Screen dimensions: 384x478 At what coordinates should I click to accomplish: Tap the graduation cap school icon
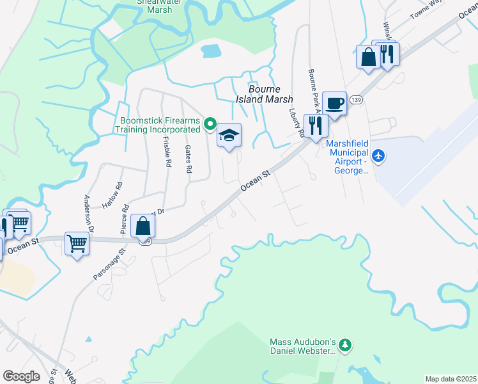click(229, 136)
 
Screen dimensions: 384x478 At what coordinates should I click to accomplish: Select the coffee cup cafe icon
click(334, 103)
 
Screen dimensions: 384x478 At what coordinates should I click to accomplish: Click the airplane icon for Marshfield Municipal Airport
click(379, 156)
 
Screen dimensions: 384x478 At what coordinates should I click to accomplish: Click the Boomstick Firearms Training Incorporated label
click(158, 124)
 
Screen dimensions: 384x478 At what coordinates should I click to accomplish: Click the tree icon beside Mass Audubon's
click(345, 346)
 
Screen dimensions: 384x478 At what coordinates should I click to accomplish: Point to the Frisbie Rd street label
click(167, 152)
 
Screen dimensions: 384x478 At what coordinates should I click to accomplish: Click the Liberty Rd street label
click(295, 122)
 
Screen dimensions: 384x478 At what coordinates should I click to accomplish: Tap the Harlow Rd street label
click(112, 196)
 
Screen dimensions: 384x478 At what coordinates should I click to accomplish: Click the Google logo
click(21, 376)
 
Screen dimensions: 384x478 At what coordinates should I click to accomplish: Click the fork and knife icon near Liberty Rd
click(316, 125)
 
